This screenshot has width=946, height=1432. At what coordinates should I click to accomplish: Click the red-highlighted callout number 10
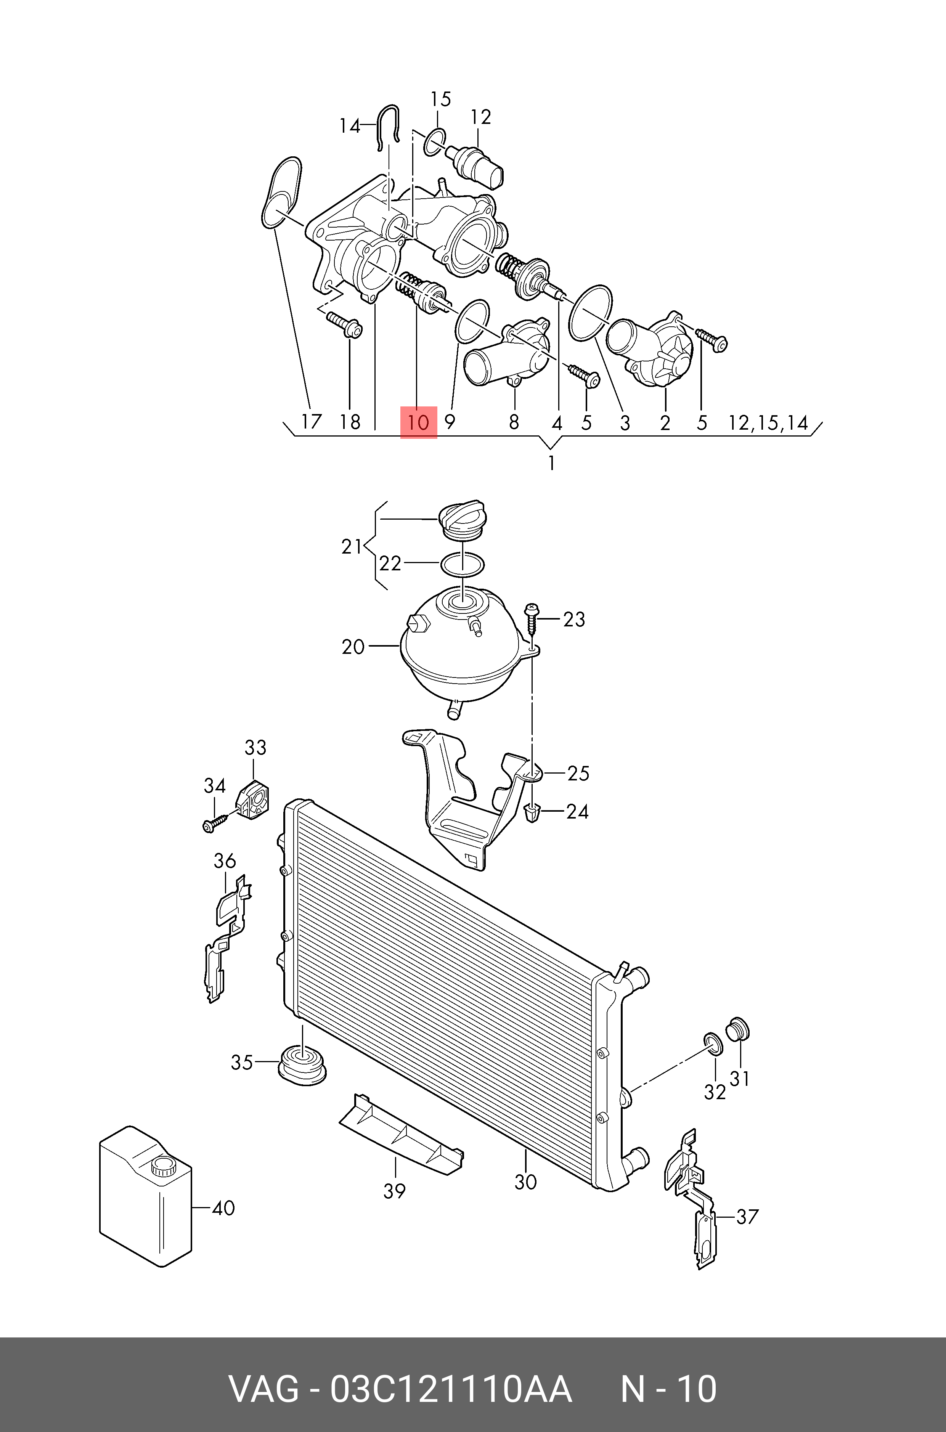[x=418, y=422]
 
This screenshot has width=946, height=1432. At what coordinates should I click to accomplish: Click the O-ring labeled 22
[x=461, y=564]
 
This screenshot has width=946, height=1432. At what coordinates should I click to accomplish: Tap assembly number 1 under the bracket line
[x=551, y=463]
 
